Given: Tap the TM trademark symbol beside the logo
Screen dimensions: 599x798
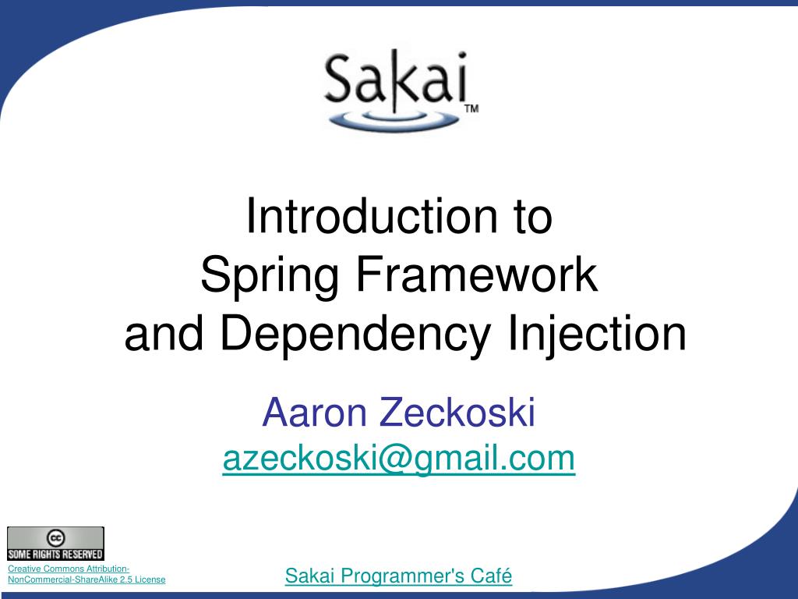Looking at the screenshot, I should point(471,109).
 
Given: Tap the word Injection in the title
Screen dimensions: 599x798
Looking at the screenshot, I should point(597,334).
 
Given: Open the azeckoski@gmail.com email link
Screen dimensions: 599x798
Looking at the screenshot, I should point(399,459).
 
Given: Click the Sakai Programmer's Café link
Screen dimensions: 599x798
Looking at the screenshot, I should point(398,576).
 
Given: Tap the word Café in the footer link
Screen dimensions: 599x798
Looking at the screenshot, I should point(492,576).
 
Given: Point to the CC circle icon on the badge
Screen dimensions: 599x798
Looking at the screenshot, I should point(55,538).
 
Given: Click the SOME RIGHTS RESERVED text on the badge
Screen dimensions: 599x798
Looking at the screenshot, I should point(55,555).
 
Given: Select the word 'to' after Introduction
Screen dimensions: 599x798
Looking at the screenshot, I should point(532,218).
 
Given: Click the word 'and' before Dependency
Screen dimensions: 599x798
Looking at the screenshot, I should point(165,334).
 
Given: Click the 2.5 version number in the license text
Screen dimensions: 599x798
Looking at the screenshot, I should point(125,580).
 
